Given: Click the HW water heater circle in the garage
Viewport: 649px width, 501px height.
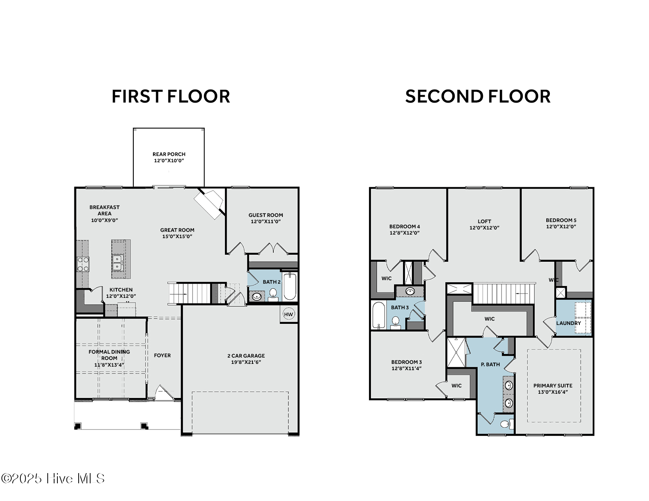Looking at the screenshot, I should click(x=289, y=314).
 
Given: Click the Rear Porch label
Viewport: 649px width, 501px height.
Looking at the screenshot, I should click(x=169, y=154).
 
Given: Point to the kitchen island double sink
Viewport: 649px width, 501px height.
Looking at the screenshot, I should click(x=117, y=262).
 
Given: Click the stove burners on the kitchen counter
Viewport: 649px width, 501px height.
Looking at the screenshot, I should click(x=83, y=264).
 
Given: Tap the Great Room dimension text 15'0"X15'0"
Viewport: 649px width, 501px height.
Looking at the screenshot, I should click(x=177, y=237).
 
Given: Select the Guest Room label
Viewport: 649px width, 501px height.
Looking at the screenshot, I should click(x=265, y=215).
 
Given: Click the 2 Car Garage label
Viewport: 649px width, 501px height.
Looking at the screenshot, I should click(x=246, y=356).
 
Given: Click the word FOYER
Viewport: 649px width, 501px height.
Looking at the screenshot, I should click(x=162, y=355).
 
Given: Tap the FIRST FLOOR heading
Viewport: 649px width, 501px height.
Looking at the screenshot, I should click(x=171, y=97).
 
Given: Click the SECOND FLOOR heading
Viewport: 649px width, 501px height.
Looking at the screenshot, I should click(x=478, y=97).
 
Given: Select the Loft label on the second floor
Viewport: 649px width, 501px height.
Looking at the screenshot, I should click(x=484, y=221).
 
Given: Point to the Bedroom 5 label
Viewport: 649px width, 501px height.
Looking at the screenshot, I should click(x=561, y=220).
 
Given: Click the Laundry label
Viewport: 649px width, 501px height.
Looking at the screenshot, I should click(x=568, y=323).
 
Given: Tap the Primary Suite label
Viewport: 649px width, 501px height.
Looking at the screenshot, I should click(x=553, y=385).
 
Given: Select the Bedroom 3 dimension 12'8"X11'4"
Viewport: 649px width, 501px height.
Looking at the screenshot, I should click(x=406, y=369).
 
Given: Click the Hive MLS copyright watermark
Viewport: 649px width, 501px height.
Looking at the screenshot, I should click(x=53, y=479).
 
